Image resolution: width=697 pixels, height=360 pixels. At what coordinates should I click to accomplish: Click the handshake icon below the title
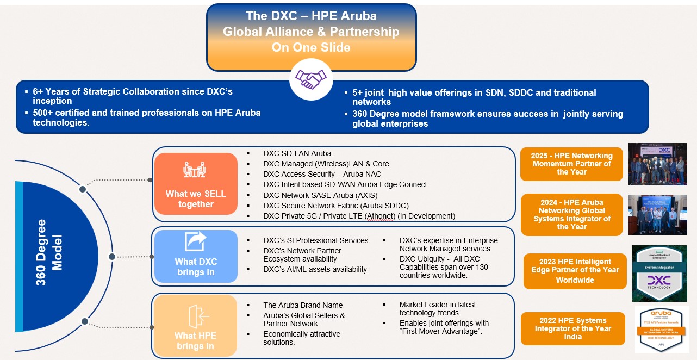click(x=310, y=79)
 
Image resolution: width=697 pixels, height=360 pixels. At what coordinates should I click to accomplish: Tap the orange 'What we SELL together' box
click(x=196, y=183)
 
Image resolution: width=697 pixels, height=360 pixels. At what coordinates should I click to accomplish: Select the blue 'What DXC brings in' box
click(x=196, y=256)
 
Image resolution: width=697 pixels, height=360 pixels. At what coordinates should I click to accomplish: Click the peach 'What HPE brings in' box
click(x=195, y=325)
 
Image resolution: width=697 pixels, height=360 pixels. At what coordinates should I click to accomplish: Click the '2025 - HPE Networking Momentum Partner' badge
click(x=571, y=164)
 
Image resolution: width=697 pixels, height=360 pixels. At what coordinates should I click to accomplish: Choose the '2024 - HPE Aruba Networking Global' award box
click(x=571, y=215)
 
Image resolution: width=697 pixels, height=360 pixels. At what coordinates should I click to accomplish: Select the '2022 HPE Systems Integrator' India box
click(x=572, y=328)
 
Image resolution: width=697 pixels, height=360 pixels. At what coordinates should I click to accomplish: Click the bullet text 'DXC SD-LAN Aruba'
click(x=297, y=153)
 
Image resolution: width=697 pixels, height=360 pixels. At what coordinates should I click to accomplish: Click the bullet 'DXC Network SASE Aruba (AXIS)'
click(x=320, y=195)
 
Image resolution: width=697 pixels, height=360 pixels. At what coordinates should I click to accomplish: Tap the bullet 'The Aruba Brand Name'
click(x=303, y=305)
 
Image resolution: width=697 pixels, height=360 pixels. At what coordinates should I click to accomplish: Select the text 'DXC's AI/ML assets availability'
click(x=315, y=269)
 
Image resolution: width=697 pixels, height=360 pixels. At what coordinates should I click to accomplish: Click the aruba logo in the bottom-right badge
click(x=661, y=314)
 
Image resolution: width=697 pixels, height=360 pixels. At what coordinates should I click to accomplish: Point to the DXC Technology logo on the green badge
click(x=659, y=281)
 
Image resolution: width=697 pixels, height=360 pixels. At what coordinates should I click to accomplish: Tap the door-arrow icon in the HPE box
click(x=195, y=315)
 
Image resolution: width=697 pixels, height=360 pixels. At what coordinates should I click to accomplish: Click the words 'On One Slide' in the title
click(x=311, y=47)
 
